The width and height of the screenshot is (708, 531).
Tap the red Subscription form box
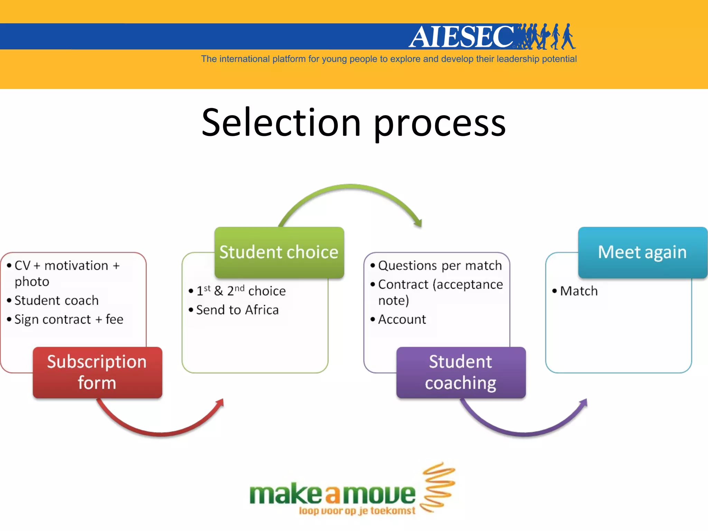coord(97,372)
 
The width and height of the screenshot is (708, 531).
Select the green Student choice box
coord(279,252)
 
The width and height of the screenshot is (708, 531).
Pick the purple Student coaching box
coord(461,372)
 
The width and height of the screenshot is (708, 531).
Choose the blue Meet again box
coord(642,252)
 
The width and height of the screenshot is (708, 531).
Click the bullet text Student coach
coord(57,300)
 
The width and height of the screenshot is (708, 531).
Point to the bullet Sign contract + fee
coord(69,319)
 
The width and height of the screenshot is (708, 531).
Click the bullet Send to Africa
coord(237,310)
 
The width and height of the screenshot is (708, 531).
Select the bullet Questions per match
coord(440,265)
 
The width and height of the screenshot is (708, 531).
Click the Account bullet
coord(402,319)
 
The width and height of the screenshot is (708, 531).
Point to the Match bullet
coord(579,291)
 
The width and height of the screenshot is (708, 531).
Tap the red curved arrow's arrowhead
coord(220,403)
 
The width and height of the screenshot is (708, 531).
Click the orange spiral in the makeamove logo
coord(438,487)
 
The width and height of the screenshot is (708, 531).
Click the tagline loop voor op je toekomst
coord(357,511)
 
